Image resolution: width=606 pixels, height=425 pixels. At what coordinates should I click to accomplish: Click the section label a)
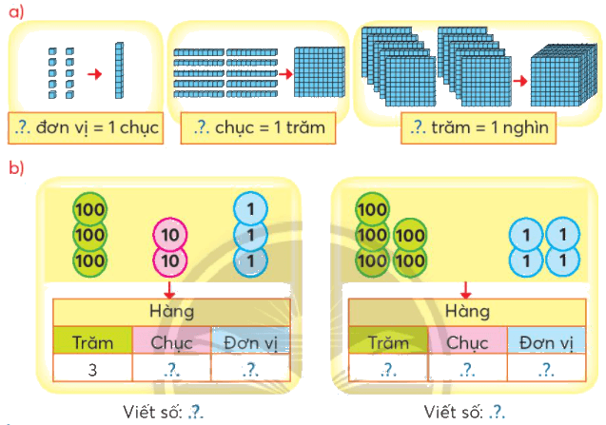[x=16, y=12]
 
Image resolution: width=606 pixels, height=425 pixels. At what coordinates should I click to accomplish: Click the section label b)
[x=16, y=167]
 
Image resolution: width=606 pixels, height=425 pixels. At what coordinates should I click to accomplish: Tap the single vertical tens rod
[x=120, y=70]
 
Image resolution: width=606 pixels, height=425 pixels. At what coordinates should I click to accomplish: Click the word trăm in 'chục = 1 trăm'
[x=305, y=127]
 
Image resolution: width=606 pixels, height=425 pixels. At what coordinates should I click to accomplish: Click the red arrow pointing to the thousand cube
[x=520, y=81]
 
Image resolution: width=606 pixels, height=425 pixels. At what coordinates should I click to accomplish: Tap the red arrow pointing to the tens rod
[x=95, y=74]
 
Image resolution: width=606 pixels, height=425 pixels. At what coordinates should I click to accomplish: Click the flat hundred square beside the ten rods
[x=320, y=72]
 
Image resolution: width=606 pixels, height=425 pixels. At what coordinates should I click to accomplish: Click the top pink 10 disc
[x=170, y=235]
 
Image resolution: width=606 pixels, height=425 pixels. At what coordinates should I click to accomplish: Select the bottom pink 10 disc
[x=170, y=261]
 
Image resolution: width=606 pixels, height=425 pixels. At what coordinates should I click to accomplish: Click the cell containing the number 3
[x=93, y=369]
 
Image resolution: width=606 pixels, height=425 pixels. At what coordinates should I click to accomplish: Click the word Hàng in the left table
[x=171, y=312]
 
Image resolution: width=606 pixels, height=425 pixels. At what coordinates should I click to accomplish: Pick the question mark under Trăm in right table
[x=388, y=370]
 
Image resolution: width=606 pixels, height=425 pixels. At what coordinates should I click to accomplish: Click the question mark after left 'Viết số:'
[x=196, y=413]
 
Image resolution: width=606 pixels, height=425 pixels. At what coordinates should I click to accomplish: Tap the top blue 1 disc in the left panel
[x=250, y=209]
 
